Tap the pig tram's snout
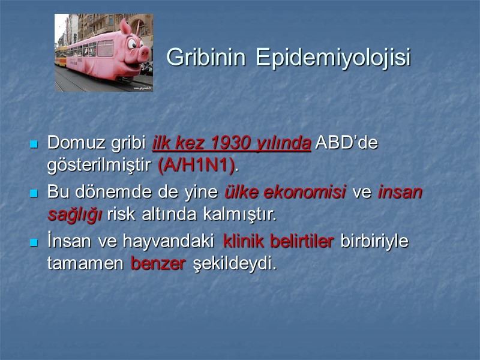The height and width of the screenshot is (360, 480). [x=144, y=54]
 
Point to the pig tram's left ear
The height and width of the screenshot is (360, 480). [x=125, y=27]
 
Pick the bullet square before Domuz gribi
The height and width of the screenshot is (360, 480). [x=34, y=145]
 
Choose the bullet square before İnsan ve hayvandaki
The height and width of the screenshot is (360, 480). [x=34, y=242]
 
